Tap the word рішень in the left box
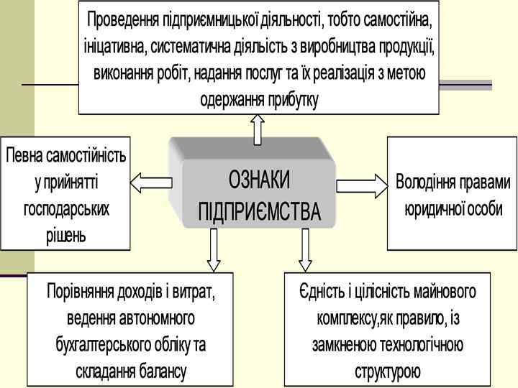point(65,235)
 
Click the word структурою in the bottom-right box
point(387,371)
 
